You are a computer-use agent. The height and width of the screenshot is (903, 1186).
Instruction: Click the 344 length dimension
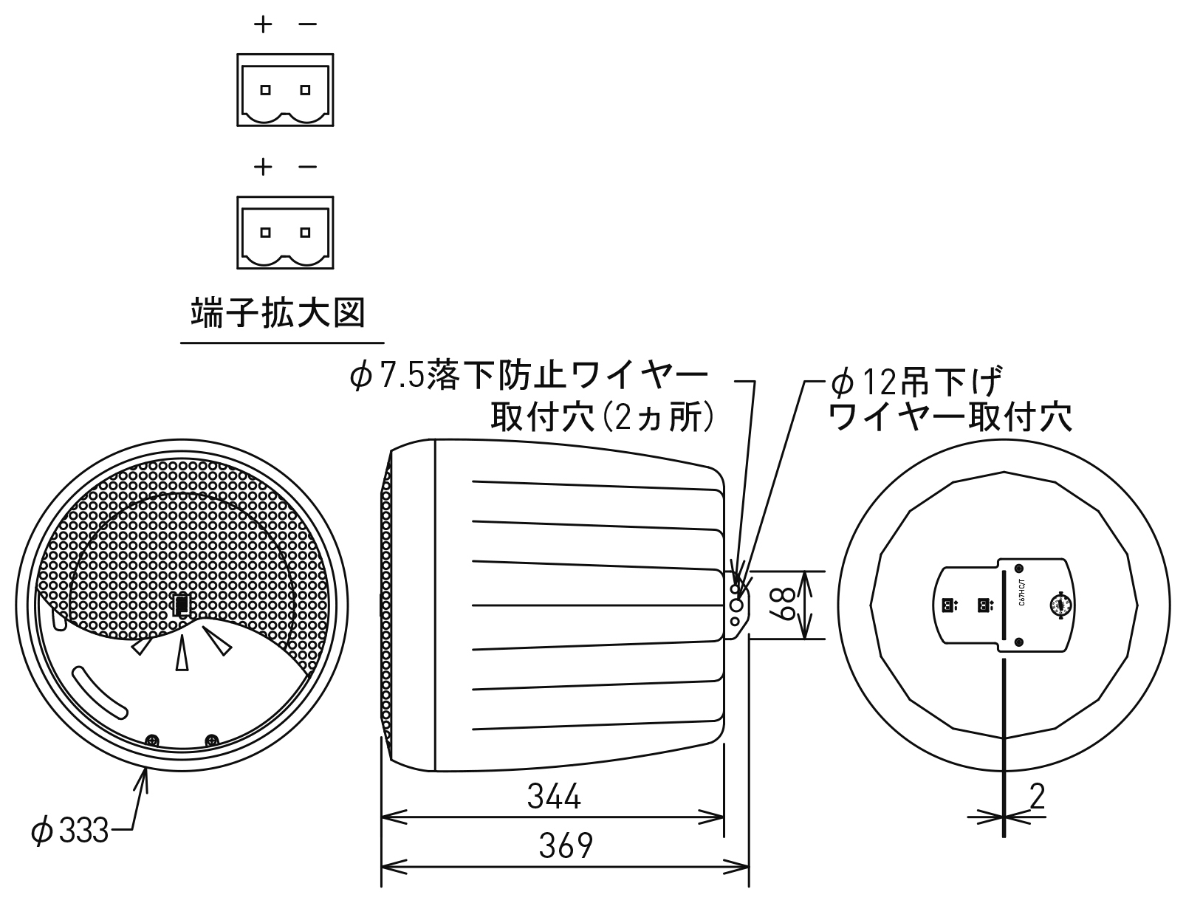554,797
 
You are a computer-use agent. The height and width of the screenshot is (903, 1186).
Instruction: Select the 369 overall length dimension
565,846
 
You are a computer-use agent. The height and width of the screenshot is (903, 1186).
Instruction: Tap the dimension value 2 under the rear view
1038,797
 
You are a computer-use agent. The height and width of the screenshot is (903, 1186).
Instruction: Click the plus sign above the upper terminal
263,24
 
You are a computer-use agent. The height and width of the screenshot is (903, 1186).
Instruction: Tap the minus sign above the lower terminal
307,168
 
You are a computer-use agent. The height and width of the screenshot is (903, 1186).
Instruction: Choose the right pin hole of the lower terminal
305,233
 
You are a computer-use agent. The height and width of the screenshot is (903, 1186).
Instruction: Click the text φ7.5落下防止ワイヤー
529,377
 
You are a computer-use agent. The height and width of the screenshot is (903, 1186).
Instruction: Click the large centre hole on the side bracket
736,605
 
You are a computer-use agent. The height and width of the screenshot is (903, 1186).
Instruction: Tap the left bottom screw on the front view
153,740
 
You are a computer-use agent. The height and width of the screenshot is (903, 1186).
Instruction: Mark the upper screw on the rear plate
1019,569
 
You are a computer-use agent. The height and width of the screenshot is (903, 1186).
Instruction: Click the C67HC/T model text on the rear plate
1021,594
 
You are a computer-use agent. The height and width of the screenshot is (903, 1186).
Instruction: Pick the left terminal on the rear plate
945,605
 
